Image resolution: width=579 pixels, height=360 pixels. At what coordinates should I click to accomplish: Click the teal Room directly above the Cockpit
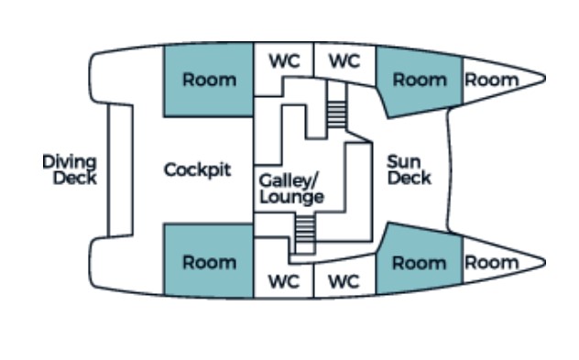209,80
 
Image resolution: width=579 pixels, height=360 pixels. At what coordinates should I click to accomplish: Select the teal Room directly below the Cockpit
209,263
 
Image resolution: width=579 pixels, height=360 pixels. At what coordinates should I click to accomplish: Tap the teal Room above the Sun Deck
419,81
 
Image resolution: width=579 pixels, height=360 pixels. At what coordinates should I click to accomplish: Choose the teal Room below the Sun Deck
419,263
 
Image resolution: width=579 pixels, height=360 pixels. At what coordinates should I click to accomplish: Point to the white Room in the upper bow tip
492,80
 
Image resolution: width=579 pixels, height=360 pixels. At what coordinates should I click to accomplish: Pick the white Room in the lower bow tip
492,263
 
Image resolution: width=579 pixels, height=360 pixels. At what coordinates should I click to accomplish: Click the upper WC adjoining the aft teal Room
284,61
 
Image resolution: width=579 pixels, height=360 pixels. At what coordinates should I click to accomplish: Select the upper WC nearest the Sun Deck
344,61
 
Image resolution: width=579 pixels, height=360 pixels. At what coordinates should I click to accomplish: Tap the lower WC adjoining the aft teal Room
284,282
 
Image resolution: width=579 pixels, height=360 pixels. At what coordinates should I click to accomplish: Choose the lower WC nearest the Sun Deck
344,282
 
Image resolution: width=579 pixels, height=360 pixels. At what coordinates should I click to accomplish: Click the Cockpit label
197,170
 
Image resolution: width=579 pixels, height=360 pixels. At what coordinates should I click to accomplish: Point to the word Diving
69,162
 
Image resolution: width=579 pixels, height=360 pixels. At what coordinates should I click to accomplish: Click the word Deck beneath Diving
73,178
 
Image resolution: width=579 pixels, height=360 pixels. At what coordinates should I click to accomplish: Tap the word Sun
403,163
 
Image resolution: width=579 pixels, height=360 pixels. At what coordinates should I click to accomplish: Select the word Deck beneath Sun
409,178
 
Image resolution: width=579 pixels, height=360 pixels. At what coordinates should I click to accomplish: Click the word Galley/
289,180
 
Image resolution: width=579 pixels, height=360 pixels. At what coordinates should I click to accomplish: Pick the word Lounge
291,197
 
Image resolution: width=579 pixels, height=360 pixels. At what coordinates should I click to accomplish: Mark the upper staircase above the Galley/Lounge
337,114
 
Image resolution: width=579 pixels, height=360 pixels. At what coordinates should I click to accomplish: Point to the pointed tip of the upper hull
544,78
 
